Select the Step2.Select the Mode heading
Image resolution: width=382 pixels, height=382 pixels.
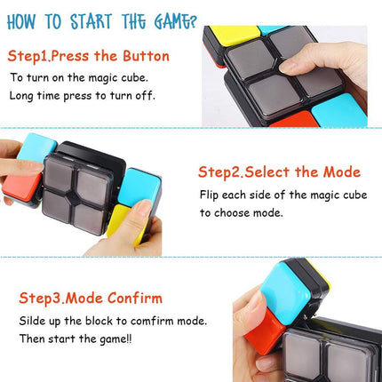pos(279,171)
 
